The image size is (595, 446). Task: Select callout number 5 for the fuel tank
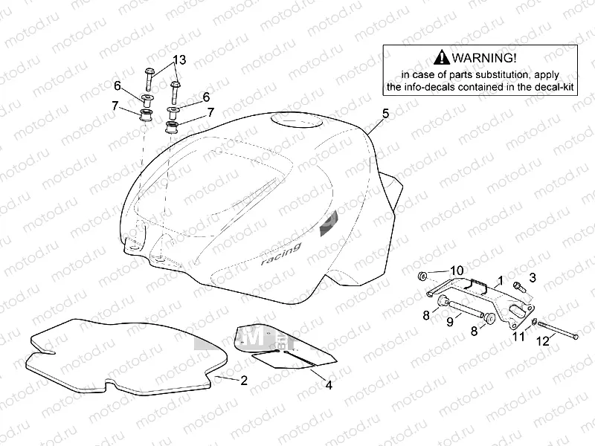pyautogui.click(x=385, y=114)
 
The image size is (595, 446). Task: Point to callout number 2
pyautogui.click(x=243, y=381)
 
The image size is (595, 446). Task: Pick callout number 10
pyautogui.click(x=457, y=269)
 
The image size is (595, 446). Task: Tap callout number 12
pyautogui.click(x=543, y=340)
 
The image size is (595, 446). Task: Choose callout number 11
pyautogui.click(x=519, y=337)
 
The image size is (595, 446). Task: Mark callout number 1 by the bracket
pyautogui.click(x=501, y=281)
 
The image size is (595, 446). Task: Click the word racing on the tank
pyautogui.click(x=280, y=255)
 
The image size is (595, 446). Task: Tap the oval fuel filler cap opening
pyautogui.click(x=297, y=121)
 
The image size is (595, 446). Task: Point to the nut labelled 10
pyautogui.click(x=424, y=277)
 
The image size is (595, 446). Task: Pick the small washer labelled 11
pyautogui.click(x=535, y=321)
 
